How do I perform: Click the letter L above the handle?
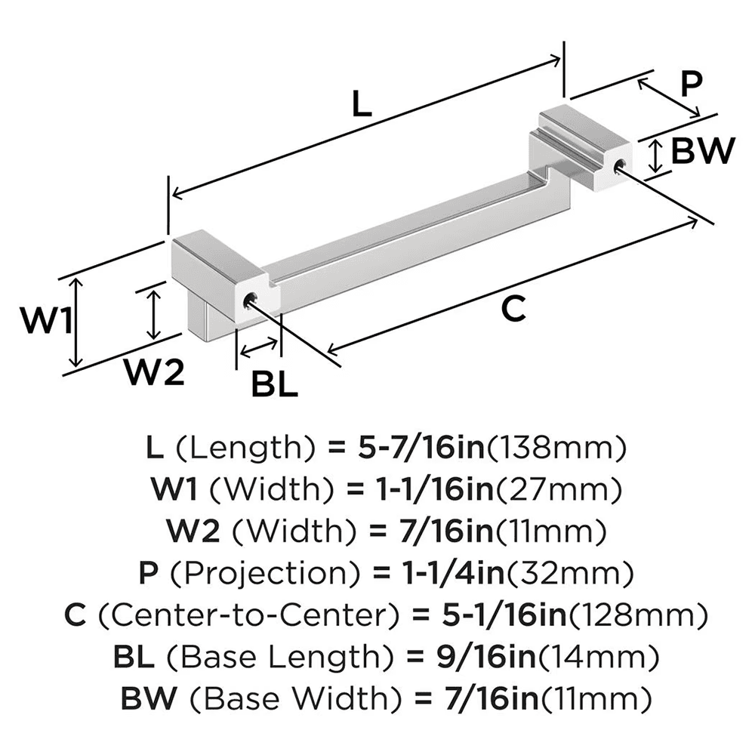(362, 103)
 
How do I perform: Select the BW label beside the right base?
(702, 152)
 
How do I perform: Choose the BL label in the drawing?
(274, 386)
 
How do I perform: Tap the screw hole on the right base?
(620, 166)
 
